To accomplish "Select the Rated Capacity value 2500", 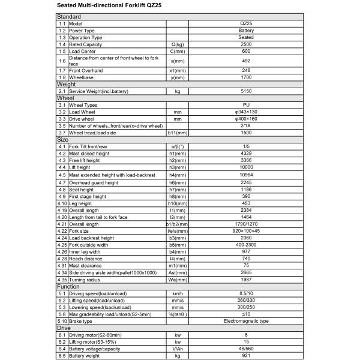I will click(x=246, y=44).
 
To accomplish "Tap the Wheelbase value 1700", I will click(x=246, y=77).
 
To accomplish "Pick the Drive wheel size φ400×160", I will click(x=246, y=119).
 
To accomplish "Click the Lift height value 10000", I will click(x=246, y=167).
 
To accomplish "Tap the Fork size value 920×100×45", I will click(x=246, y=230).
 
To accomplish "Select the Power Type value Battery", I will click(x=246, y=31).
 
